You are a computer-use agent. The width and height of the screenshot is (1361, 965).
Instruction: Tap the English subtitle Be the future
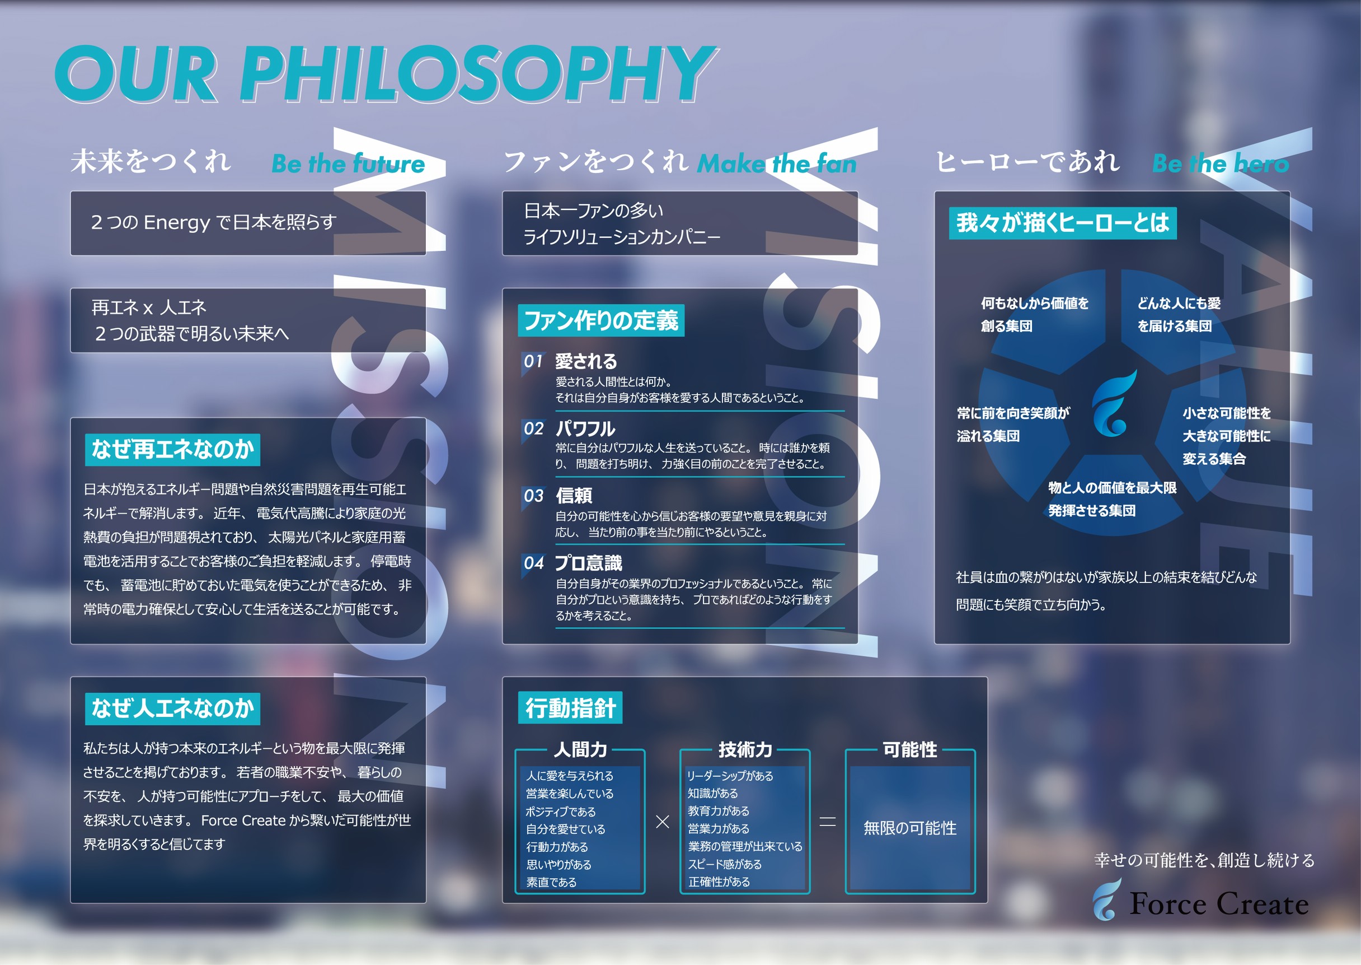pyautogui.click(x=348, y=164)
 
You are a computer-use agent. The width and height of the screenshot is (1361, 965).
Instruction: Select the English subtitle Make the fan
pyautogui.click(x=776, y=164)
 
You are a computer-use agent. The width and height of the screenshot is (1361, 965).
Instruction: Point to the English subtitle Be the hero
pyautogui.click(x=1221, y=164)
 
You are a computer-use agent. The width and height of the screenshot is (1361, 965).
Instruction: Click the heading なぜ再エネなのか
pyautogui.click(x=172, y=449)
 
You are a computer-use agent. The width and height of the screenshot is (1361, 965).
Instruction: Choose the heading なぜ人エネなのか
pyautogui.click(x=172, y=708)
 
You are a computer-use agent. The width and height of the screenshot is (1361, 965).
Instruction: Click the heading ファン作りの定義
pyautogui.click(x=601, y=320)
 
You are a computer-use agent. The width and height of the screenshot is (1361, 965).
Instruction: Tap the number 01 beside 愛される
pyautogui.click(x=533, y=361)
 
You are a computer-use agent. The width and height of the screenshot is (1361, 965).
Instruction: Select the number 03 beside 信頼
pyautogui.click(x=533, y=496)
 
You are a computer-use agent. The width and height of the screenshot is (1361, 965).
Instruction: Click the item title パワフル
pyautogui.click(x=585, y=428)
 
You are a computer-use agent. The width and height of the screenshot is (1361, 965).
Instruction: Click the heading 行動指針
pyautogui.click(x=570, y=708)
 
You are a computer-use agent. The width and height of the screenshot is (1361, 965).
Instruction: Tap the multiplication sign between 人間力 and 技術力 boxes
pyautogui.click(x=662, y=822)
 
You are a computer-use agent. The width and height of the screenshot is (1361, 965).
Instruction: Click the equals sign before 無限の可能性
pyautogui.click(x=827, y=822)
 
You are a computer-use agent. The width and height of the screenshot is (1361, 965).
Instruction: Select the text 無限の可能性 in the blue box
pyautogui.click(x=910, y=828)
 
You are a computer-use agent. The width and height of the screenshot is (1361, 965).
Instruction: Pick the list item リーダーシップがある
pyautogui.click(x=730, y=776)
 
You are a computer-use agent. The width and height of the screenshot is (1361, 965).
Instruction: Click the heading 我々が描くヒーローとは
pyautogui.click(x=1062, y=223)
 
